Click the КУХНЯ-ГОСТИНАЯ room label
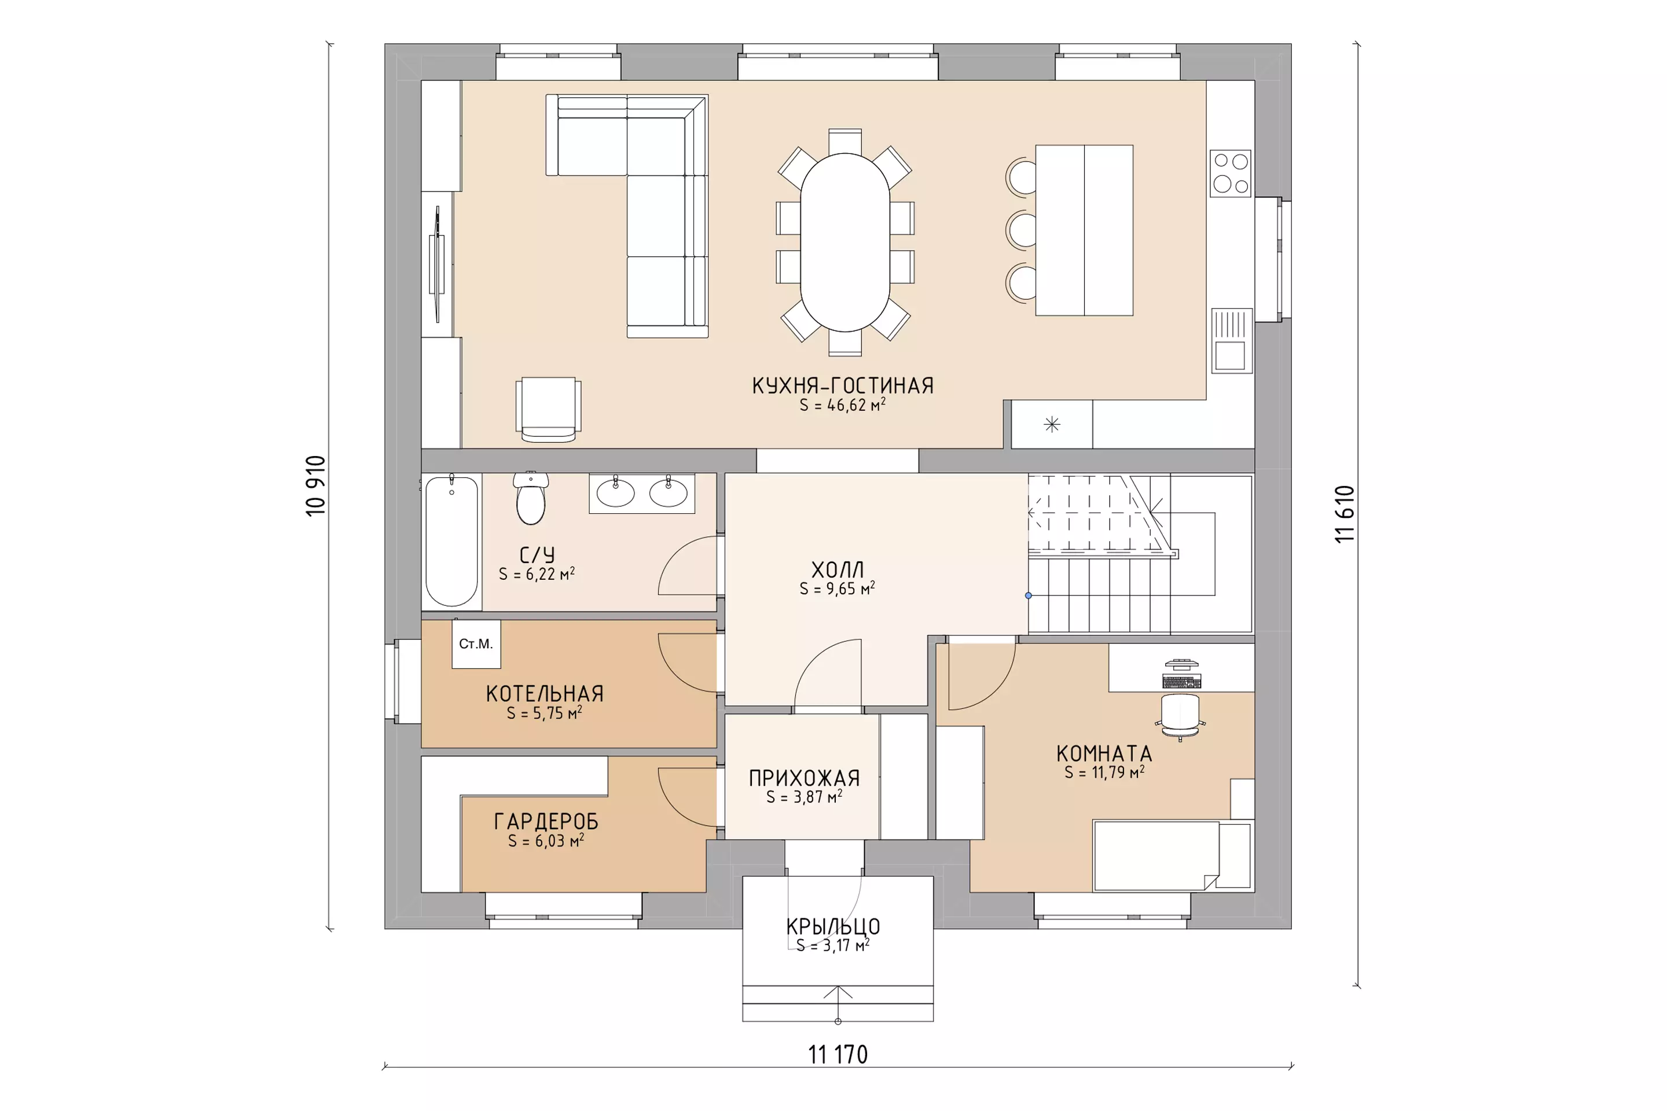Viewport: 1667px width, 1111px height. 843,386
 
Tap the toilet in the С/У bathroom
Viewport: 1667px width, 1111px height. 531,498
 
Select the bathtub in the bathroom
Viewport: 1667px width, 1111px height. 451,542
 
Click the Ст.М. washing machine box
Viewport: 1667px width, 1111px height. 476,644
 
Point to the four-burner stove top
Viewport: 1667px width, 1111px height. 1231,173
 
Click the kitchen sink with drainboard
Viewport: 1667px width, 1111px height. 1232,341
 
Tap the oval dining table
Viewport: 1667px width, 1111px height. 845,242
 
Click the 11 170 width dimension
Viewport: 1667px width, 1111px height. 838,1055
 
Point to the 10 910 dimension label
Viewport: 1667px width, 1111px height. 315,485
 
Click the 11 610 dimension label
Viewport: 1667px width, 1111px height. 1345,514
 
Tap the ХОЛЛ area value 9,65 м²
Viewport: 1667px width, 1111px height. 837,588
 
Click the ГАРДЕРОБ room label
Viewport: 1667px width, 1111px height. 546,822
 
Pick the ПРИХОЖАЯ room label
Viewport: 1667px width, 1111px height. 805,778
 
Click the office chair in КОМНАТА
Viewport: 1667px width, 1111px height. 1180,716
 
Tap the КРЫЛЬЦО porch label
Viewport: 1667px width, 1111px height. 833,927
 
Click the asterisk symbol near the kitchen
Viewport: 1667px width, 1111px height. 1052,424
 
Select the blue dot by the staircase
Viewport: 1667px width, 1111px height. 1029,596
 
